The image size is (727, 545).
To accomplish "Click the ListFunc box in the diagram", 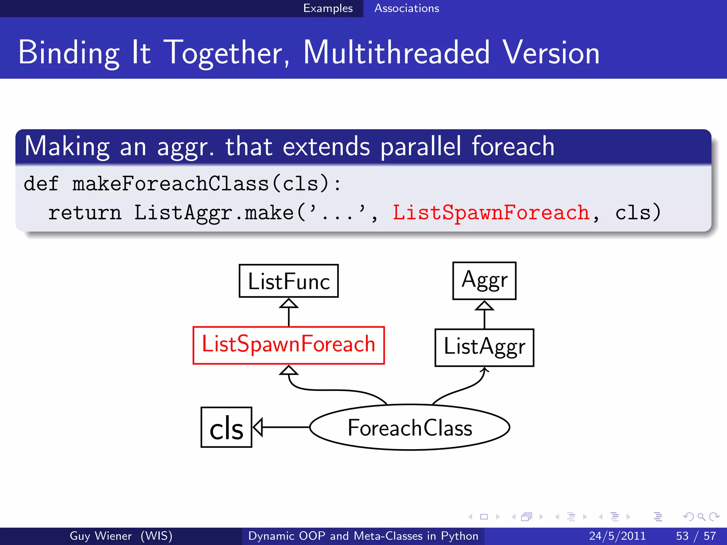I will click(x=289, y=281).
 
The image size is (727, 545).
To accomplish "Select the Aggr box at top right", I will click(x=484, y=281).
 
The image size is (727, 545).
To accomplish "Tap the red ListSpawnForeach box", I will click(x=289, y=345).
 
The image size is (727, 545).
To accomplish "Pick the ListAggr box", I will click(x=484, y=347).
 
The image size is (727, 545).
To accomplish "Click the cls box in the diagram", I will click(x=226, y=427).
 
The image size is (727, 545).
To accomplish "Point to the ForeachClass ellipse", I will click(x=410, y=427).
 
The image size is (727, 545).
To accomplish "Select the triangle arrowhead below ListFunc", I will click(x=289, y=303).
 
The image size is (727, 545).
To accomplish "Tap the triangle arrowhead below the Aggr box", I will click(x=484, y=305).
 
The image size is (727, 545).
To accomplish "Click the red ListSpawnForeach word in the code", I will click(x=491, y=213).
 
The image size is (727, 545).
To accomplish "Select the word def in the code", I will click(x=41, y=184).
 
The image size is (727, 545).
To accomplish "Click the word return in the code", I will click(x=84, y=213).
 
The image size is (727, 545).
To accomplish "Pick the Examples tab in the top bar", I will click(x=328, y=8).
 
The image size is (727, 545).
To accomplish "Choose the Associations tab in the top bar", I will click(x=406, y=8).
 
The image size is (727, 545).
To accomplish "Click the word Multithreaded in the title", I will click(x=397, y=53).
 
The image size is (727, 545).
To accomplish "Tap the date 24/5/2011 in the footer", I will click(x=617, y=536).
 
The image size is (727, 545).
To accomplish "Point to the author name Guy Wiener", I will click(x=101, y=536).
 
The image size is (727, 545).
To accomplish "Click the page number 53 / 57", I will click(x=696, y=536).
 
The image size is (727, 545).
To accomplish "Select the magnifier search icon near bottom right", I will click(x=701, y=517).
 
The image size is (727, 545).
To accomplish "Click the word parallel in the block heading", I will click(x=421, y=146).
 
